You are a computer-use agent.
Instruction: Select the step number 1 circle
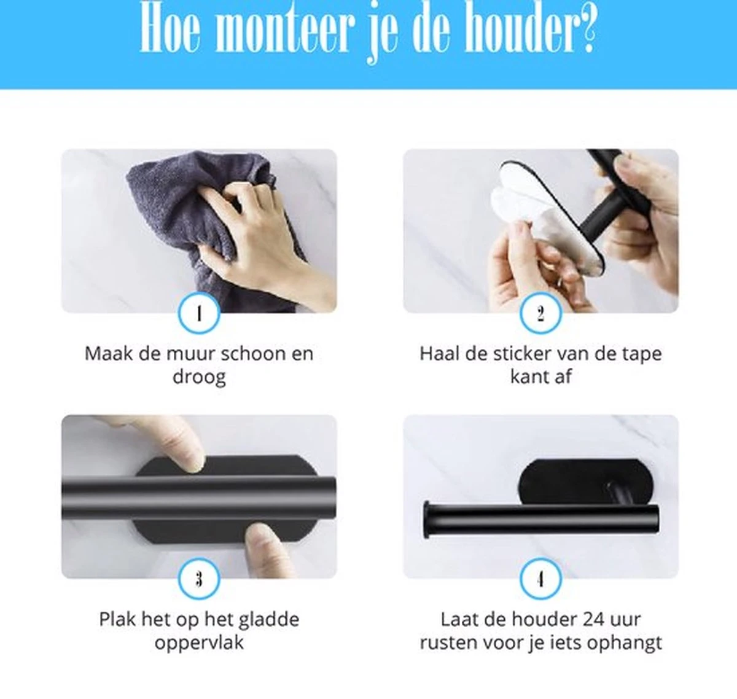[x=198, y=314]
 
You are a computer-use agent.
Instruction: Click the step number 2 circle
[x=540, y=314]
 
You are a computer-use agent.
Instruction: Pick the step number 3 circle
[x=198, y=579]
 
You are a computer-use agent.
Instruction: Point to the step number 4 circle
[x=540, y=579]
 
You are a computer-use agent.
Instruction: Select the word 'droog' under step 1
[x=198, y=377]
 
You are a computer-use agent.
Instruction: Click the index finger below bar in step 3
[x=264, y=547]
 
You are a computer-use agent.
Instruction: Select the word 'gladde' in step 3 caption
[x=268, y=619]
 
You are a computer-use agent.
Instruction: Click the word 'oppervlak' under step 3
[x=198, y=643]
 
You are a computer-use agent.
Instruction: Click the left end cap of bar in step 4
[x=427, y=520]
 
